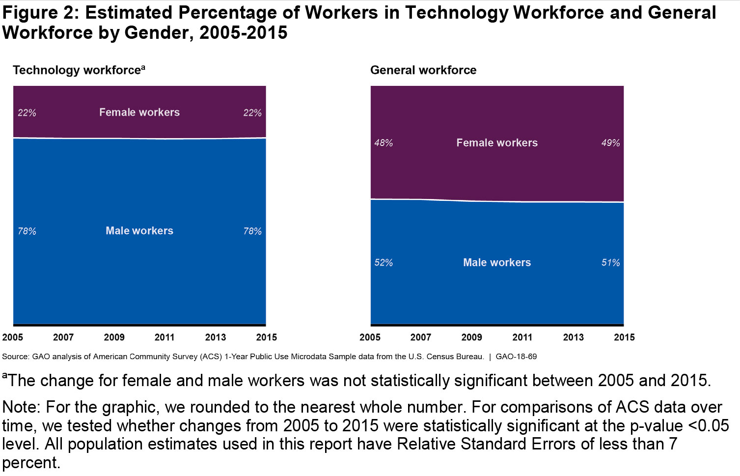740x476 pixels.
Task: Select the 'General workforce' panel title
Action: click(423, 70)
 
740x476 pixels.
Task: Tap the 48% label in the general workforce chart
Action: click(384, 143)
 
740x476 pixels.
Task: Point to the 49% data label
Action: click(610, 143)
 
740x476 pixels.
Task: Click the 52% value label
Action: click(384, 263)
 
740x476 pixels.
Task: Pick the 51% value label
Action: click(610, 263)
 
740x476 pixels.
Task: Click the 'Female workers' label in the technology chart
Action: click(139, 112)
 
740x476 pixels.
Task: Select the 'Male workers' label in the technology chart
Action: click(139, 231)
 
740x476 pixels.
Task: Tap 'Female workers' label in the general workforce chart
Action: click(497, 143)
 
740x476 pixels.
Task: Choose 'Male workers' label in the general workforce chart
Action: click(497, 263)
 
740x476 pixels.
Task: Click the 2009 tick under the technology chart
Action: click(114, 337)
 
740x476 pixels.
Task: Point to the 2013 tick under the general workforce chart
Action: click(573, 337)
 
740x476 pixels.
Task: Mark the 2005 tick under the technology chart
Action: click(13, 337)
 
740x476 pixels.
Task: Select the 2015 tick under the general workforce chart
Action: click(624, 337)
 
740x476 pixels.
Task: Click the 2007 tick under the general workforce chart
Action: click(421, 337)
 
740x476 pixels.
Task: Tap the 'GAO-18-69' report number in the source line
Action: click(516, 357)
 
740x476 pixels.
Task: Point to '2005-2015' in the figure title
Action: click(243, 33)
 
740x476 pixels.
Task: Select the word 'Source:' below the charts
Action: click(16, 357)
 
